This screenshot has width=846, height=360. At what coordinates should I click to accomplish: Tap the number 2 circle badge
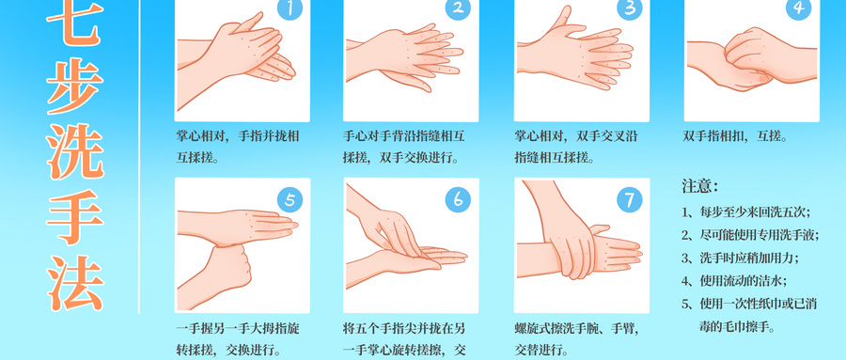point(458,8)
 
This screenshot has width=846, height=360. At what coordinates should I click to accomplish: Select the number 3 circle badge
point(628,8)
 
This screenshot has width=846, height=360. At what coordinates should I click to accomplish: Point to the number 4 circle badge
point(800,8)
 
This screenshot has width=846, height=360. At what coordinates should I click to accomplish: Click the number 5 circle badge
point(290,199)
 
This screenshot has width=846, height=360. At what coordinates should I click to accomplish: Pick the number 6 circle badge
point(458,199)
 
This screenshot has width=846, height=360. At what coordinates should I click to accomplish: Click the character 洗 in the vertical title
point(75,149)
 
